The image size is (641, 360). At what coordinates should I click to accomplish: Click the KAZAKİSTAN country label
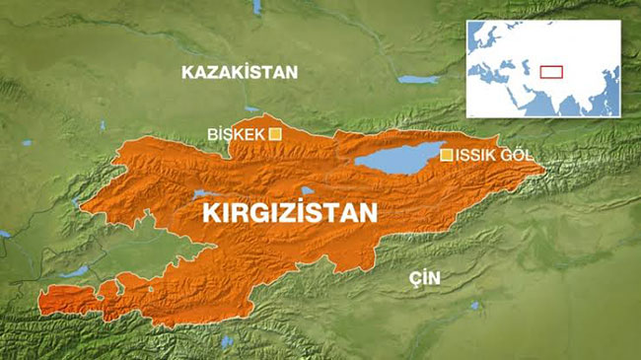(x=239, y=72)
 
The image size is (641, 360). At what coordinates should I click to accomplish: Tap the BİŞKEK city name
(x=237, y=134)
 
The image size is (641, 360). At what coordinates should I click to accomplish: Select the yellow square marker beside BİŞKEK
(x=275, y=133)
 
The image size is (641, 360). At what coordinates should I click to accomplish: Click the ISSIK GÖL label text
(x=499, y=156)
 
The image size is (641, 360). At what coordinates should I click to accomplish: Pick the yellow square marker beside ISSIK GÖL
(x=447, y=155)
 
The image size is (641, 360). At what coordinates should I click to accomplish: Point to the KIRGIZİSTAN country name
(x=289, y=213)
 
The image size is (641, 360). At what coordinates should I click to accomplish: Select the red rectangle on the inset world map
(x=551, y=70)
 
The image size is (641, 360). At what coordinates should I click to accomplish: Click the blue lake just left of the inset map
(x=419, y=79)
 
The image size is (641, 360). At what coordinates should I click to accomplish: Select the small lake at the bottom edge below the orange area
(x=228, y=341)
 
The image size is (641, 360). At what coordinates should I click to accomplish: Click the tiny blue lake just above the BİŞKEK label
(x=254, y=111)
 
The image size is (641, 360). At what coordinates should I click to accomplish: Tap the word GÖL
(x=524, y=156)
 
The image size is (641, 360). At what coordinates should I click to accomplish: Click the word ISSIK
(x=480, y=156)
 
